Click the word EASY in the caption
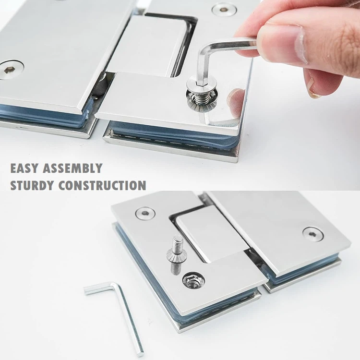[24, 168]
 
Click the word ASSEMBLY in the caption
[72, 168]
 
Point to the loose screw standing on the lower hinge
[175, 254]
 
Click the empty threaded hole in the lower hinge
[194, 281]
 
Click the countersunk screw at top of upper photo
[221, 9]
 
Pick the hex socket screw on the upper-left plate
[11, 70]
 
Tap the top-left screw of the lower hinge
[145, 213]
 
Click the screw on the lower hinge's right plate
[313, 234]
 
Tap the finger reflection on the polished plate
[235, 103]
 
